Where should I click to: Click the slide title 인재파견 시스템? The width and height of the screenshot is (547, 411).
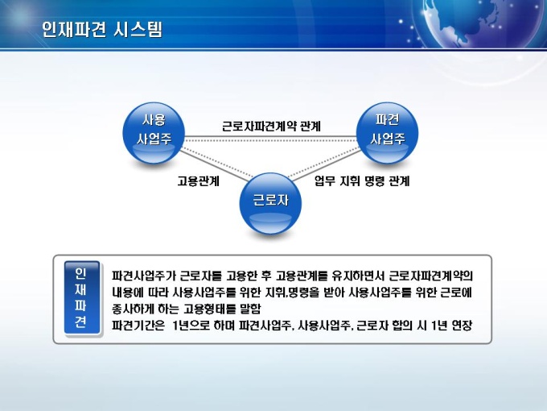pos(102,29)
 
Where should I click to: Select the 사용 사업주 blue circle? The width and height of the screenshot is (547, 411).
pos(154,133)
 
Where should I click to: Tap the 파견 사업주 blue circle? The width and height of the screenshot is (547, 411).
pos(387,133)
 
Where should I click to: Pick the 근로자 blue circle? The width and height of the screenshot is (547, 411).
pos(270,203)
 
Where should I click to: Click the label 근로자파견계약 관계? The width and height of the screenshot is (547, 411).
pos(271,127)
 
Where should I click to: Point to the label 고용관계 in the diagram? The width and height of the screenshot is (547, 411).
pos(198,181)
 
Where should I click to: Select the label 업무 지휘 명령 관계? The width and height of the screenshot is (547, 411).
pos(362,181)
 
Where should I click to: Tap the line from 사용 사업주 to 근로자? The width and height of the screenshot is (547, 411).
pos(216,164)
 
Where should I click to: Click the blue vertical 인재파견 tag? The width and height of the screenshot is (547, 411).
pos(82,297)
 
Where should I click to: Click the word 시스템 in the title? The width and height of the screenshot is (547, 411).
pos(138,29)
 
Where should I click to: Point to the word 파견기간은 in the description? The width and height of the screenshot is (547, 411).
pos(138,326)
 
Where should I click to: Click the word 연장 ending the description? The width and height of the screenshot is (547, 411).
pos(463,326)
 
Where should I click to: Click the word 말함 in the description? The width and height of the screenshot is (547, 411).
pos(250,309)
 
